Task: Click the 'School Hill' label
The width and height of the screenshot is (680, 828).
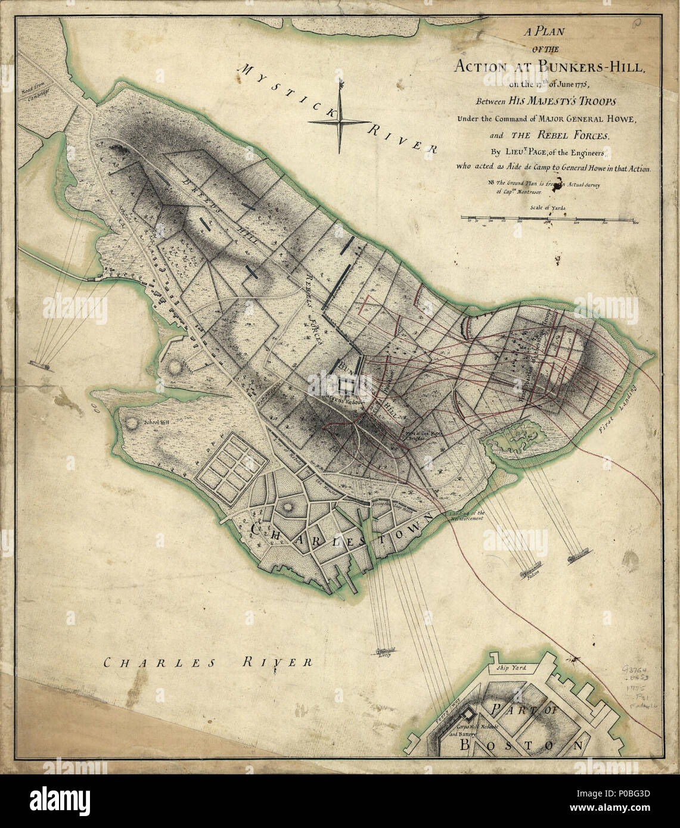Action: [156, 423]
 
